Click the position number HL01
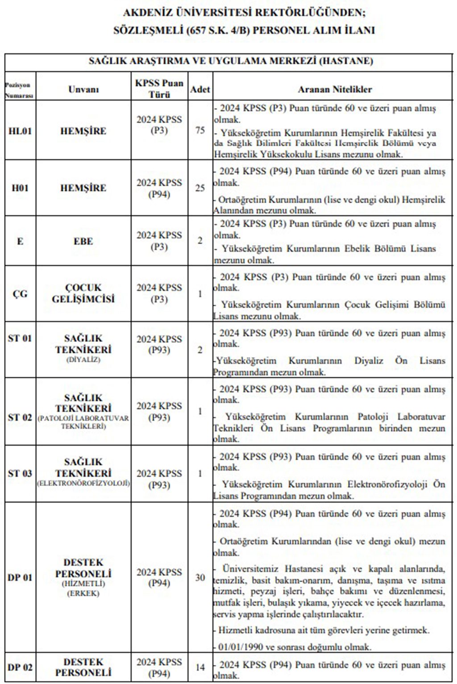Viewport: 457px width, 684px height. [x=20, y=131]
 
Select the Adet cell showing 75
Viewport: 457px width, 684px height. [x=200, y=130]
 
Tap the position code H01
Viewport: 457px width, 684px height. [x=20, y=188]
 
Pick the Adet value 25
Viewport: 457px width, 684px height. [x=200, y=188]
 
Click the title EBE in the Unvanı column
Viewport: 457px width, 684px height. [x=83, y=241]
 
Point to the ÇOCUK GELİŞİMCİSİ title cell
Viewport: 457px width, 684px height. [x=83, y=293]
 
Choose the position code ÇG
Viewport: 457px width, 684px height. [x=20, y=294]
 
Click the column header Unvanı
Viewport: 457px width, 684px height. [x=83, y=89]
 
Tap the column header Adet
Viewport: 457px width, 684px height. [x=200, y=89]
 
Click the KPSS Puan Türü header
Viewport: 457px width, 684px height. [x=159, y=89]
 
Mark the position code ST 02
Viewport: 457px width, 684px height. [x=20, y=417]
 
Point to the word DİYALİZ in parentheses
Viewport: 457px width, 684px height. [x=83, y=360]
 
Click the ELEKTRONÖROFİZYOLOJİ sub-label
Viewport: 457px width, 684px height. [x=83, y=484]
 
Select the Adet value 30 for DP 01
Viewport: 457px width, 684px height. [x=200, y=578]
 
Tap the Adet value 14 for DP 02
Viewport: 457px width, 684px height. [x=200, y=667]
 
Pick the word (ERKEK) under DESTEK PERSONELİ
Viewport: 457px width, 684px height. [x=83, y=593]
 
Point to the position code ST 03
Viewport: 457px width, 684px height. [x=20, y=473]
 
